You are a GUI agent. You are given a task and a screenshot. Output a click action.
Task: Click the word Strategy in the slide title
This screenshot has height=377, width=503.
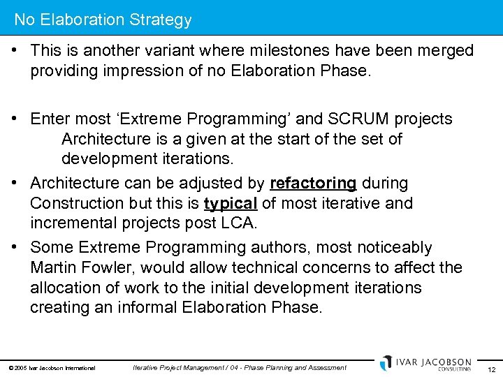click(x=159, y=20)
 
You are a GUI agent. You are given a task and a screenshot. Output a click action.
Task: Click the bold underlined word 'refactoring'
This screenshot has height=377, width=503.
click(x=313, y=183)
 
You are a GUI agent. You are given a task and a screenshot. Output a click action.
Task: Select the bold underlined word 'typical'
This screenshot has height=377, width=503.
click(x=231, y=203)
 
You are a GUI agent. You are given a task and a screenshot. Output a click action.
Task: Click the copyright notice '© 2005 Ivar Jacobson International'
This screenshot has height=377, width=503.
click(x=52, y=368)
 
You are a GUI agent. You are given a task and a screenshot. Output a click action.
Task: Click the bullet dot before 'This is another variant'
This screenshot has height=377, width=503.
click(x=15, y=51)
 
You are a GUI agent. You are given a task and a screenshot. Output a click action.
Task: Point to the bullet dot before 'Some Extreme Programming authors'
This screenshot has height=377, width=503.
click(x=15, y=247)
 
